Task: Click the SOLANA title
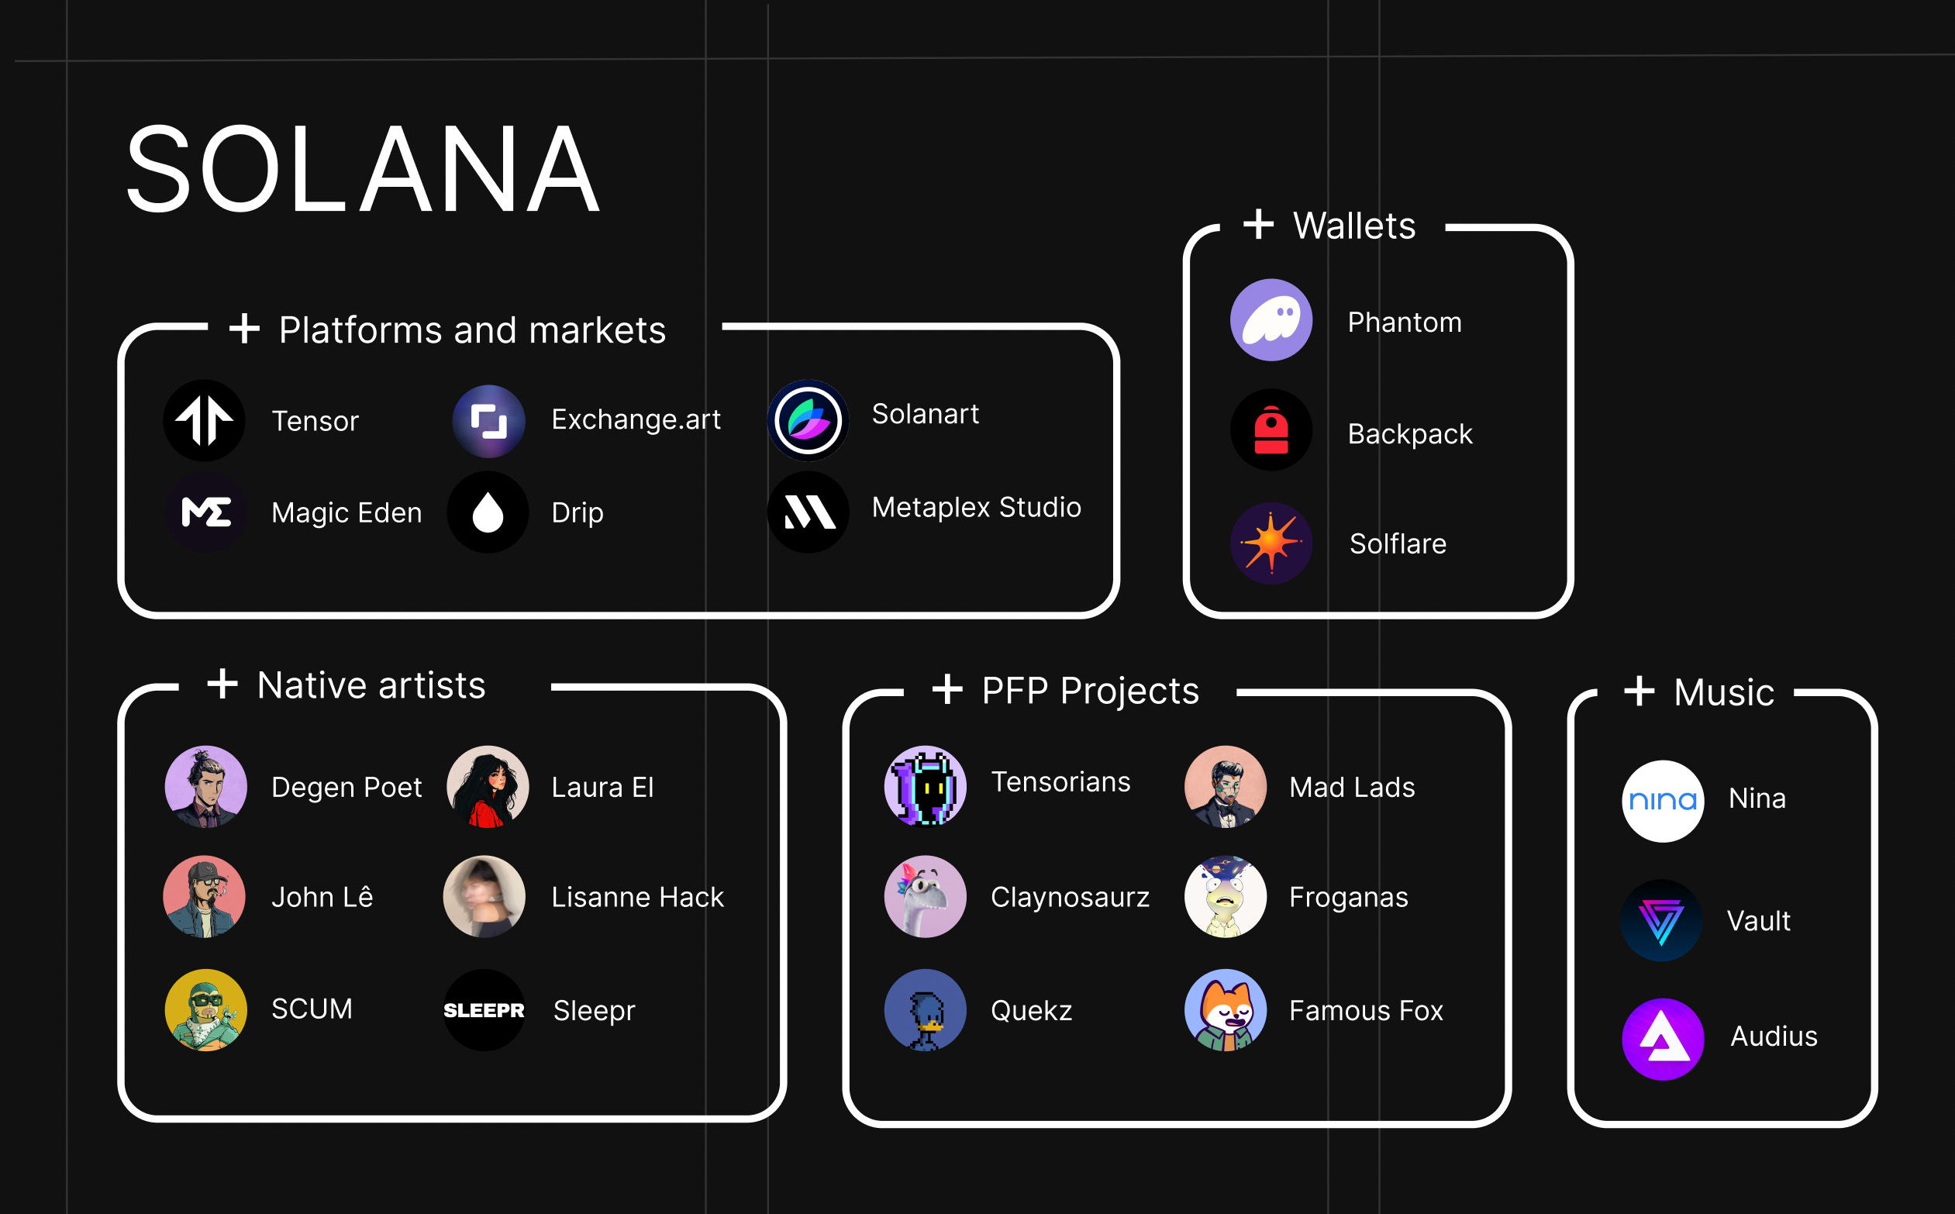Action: pos(363,171)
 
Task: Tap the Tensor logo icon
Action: pos(205,421)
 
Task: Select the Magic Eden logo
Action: pos(206,512)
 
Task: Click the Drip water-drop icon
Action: pos(488,512)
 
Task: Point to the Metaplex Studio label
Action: pos(976,508)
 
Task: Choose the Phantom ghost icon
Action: pos(1271,320)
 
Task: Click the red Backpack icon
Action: pos(1271,430)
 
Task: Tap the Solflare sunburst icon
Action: pos(1271,543)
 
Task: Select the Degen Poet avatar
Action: pos(205,787)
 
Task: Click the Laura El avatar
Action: pos(488,787)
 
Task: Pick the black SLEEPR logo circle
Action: pos(484,1010)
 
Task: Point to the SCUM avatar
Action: pos(205,1010)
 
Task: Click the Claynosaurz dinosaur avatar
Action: pos(925,896)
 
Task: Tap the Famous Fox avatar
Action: pos(1226,1010)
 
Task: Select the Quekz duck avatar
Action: pos(925,1010)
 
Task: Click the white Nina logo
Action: pos(1663,801)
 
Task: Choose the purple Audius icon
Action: pos(1663,1039)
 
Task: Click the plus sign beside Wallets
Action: pos(1258,224)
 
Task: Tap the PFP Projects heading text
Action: pos(1091,691)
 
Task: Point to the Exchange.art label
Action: pos(636,419)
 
